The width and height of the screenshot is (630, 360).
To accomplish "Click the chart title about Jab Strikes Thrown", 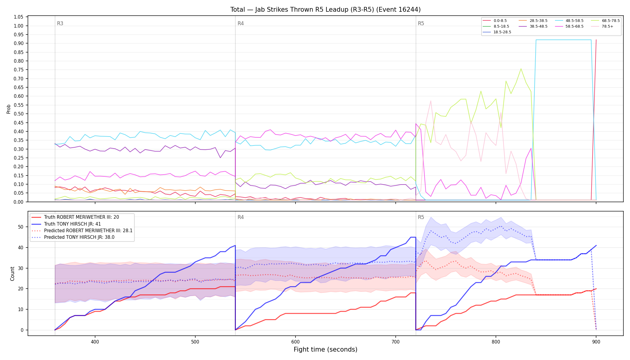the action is (x=325, y=10).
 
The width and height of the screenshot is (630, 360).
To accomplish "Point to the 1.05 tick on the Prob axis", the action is (x=19, y=17).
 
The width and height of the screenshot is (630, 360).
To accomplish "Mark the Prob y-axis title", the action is (x=9, y=109).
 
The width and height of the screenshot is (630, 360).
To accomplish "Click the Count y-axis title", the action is (x=12, y=274).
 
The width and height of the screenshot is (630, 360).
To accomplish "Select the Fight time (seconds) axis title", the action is (x=325, y=349).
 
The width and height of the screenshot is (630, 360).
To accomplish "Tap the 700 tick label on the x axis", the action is (x=396, y=342).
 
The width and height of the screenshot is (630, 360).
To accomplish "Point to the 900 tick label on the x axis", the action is (x=596, y=342).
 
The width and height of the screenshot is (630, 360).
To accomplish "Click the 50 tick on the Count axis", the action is (x=21, y=227).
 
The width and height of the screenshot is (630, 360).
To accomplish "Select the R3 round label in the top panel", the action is (x=60, y=23).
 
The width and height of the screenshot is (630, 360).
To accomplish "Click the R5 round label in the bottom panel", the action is (x=421, y=217).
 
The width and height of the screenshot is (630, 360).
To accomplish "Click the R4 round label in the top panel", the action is (x=241, y=23).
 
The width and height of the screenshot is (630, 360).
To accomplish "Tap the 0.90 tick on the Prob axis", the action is (x=19, y=43).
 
